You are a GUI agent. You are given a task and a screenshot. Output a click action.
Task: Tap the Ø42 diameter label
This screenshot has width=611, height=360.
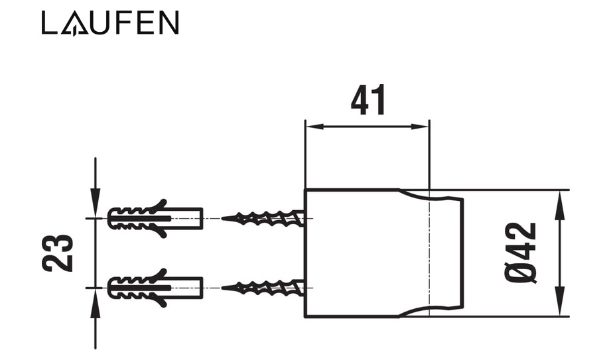click(x=521, y=253)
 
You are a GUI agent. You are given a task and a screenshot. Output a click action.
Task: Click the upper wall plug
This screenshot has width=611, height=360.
click(x=155, y=218)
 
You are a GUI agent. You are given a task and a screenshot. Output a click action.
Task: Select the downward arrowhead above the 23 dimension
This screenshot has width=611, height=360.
click(x=96, y=199)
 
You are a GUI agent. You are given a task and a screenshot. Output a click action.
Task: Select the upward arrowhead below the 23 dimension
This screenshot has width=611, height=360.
click(x=96, y=306)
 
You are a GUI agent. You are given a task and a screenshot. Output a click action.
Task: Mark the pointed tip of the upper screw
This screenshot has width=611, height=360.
click(x=224, y=217)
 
